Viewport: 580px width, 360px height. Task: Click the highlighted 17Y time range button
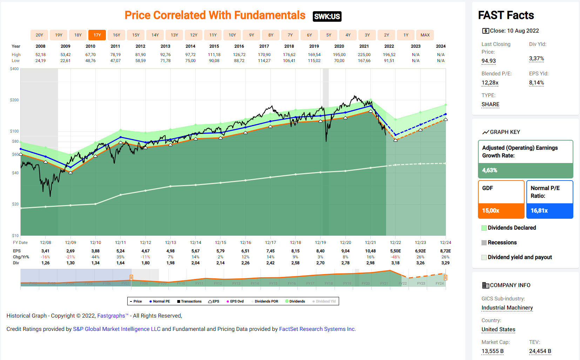coord(97,35)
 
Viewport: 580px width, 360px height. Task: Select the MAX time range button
coord(425,35)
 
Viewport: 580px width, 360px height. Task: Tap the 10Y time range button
coord(232,35)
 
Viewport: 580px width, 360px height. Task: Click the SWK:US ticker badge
coord(327,16)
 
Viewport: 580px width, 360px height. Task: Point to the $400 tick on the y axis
coord(14,69)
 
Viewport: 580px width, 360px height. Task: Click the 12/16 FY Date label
coord(245,243)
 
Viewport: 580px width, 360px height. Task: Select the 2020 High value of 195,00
coord(339,55)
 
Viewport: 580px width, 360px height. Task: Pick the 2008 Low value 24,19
coord(40,61)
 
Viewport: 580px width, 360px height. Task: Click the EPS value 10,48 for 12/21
coord(370,251)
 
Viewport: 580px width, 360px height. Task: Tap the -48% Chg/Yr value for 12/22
coord(396,257)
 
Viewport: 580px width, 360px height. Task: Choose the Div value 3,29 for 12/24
coord(445,263)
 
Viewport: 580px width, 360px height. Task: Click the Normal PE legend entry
coord(160,301)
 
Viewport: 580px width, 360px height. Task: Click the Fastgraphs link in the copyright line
coord(111,316)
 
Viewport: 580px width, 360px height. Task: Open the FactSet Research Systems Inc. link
coord(317,329)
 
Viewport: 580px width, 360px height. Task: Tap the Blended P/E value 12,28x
coord(490,83)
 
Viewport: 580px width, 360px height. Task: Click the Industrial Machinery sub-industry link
coord(507,308)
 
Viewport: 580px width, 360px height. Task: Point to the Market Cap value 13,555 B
coord(492,351)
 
